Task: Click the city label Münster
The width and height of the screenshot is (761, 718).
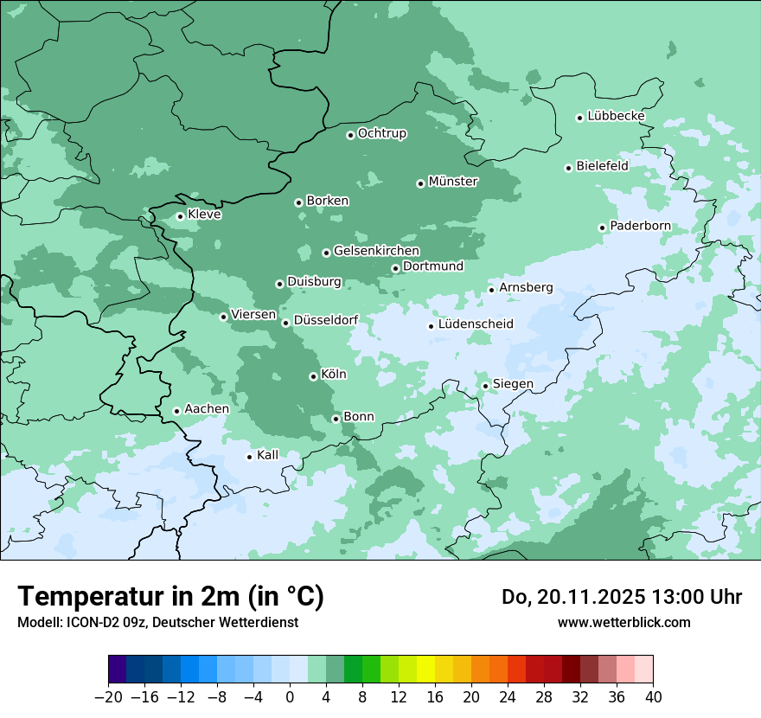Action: (x=453, y=182)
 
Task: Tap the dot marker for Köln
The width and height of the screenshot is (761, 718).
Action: (x=313, y=376)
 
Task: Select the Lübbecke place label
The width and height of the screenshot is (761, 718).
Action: (x=616, y=116)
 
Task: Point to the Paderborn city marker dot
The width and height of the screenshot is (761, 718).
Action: (x=603, y=228)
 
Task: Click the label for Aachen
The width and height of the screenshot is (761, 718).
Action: (x=207, y=409)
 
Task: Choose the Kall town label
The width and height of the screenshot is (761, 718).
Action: (x=268, y=455)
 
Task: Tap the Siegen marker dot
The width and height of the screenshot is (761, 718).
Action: (x=486, y=386)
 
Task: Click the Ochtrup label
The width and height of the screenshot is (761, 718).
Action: (x=382, y=133)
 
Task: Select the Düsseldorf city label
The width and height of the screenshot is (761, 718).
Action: (x=326, y=320)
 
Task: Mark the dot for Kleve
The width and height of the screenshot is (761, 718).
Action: (x=181, y=216)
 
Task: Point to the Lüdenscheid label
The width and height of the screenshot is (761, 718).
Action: (x=476, y=324)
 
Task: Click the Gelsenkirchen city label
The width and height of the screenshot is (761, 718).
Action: (x=376, y=251)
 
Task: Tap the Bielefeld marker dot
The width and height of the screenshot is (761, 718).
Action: (x=569, y=168)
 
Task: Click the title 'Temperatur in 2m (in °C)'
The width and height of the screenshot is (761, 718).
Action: (x=171, y=596)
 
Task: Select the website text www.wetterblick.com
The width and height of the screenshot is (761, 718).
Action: (x=624, y=623)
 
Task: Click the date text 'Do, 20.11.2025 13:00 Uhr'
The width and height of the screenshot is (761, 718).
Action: (x=622, y=597)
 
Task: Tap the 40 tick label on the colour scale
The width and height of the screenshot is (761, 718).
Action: (x=653, y=697)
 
